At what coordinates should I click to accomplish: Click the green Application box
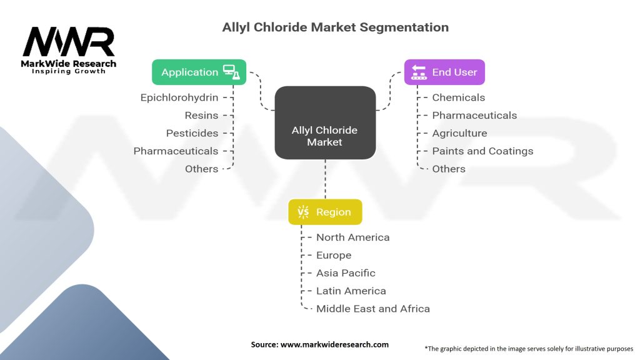pyautogui.click(x=199, y=72)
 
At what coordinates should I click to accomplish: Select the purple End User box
pyautogui.click(x=444, y=72)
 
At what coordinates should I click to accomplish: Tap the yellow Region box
pyautogui.click(x=325, y=212)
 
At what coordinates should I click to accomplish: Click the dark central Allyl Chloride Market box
pyautogui.click(x=325, y=122)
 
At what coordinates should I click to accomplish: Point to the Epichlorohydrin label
pyautogui.click(x=179, y=97)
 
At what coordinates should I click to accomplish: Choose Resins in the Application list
pyautogui.click(x=201, y=116)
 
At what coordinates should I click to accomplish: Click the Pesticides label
pyautogui.click(x=192, y=133)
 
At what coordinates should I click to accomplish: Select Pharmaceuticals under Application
pyautogui.click(x=176, y=151)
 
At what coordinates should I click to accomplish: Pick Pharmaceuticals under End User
pyautogui.click(x=474, y=116)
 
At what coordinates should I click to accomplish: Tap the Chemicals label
pyautogui.click(x=458, y=97)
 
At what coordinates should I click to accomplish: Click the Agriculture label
pyautogui.click(x=459, y=134)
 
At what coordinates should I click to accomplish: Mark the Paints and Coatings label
pyautogui.click(x=482, y=151)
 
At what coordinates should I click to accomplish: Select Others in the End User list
pyautogui.click(x=449, y=169)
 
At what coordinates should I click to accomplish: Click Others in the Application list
pyautogui.click(x=202, y=169)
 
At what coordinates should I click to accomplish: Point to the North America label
pyautogui.click(x=352, y=237)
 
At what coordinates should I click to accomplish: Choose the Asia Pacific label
pyautogui.click(x=346, y=273)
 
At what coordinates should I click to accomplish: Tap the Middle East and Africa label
pyautogui.click(x=373, y=309)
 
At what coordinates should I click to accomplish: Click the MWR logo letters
pyautogui.click(x=69, y=42)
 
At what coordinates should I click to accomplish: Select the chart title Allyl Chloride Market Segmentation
pyautogui.click(x=335, y=27)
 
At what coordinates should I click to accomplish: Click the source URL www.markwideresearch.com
pyautogui.click(x=334, y=344)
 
